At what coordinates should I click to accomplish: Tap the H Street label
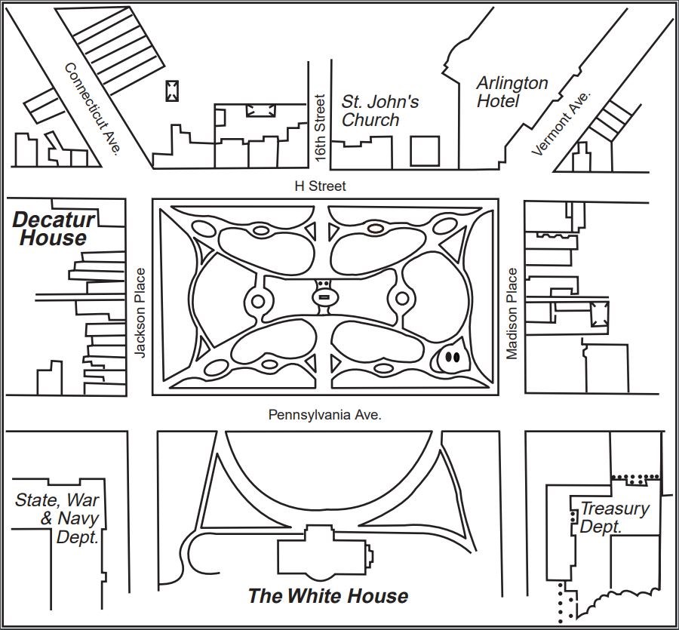(321, 186)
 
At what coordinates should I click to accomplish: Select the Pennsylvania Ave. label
(325, 414)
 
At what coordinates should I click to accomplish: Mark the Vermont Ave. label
(562, 122)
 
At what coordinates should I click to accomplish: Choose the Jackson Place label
(139, 312)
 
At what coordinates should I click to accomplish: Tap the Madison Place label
(512, 313)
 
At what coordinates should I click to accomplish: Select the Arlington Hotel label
(512, 91)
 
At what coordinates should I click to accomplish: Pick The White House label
(327, 596)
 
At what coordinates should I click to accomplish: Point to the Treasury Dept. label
(613, 518)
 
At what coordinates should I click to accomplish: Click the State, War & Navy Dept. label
(57, 518)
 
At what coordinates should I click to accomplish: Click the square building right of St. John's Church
(425, 151)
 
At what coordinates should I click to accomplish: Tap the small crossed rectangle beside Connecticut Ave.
(173, 91)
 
